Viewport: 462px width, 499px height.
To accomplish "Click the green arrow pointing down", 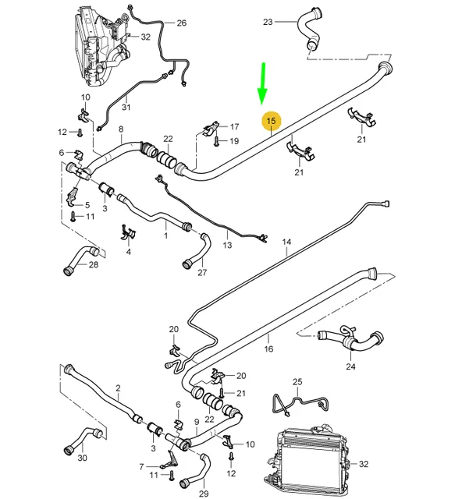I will (x=262, y=85).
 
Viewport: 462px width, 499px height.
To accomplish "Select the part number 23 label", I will (x=268, y=23).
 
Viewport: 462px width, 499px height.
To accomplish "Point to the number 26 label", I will (x=181, y=23).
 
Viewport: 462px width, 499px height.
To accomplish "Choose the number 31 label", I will (x=125, y=108).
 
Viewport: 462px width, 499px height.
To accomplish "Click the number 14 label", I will (x=286, y=242).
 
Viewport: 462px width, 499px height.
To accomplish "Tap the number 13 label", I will (x=228, y=245).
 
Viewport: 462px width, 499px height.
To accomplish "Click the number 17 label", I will (x=234, y=126).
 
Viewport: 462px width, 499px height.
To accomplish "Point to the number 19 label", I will (x=234, y=141).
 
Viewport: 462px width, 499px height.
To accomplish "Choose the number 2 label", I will (x=118, y=388).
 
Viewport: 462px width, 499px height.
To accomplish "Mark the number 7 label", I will (x=141, y=466).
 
